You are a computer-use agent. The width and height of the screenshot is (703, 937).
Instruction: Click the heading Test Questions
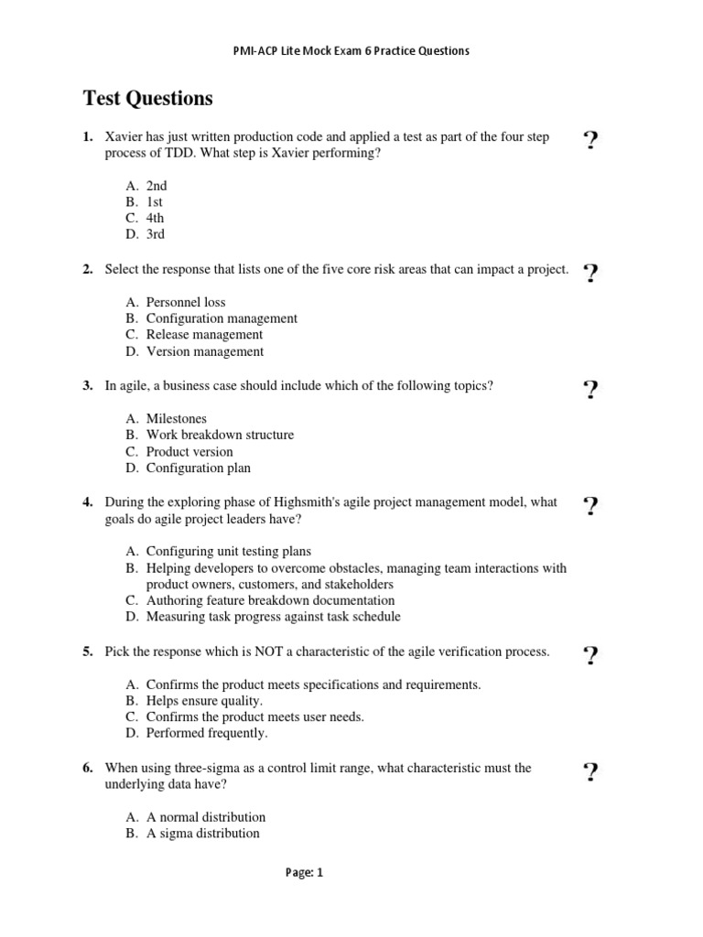tap(147, 98)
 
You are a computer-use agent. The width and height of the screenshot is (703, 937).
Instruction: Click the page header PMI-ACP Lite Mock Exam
tap(351, 51)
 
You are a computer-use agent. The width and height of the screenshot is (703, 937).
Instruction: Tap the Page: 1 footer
tap(305, 873)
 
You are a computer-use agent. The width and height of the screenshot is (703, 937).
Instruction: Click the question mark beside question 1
tap(590, 141)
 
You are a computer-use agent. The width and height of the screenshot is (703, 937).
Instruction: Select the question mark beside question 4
tap(590, 506)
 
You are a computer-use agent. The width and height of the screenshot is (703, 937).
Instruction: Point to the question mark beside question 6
tap(590, 773)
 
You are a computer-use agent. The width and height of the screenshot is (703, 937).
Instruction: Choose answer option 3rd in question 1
tap(156, 235)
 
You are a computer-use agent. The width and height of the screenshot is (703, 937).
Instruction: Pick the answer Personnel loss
tap(186, 302)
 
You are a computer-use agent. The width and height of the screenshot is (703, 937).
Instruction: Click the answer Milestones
tap(177, 419)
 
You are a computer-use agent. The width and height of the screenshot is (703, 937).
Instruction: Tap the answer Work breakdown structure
tap(220, 436)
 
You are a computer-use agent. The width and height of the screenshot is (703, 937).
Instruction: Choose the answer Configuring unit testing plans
tap(229, 552)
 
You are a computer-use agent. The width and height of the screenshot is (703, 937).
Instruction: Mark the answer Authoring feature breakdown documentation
tap(270, 601)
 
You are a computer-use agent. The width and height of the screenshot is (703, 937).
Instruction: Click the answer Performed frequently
tap(207, 734)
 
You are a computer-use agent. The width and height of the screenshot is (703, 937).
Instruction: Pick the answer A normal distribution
tap(206, 817)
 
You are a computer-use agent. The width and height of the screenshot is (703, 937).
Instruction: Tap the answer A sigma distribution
tap(202, 834)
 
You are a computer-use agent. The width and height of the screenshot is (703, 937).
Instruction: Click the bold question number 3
tap(88, 386)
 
